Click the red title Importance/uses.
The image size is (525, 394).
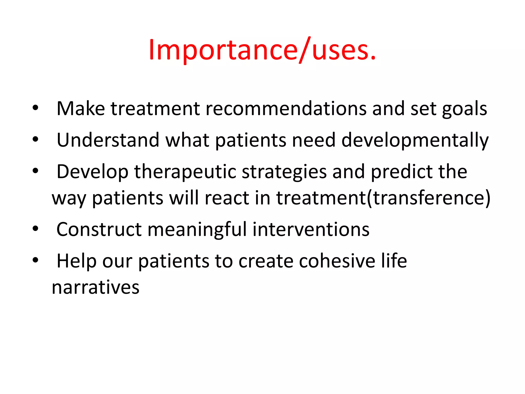point(262,50)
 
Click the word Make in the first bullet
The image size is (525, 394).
point(80,109)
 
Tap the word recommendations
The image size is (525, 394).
point(286,109)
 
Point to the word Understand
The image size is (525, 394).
point(108,140)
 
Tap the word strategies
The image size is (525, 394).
point(284,172)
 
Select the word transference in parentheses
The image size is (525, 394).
point(428,198)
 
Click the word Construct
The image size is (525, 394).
point(99,229)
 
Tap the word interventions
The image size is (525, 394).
point(311,229)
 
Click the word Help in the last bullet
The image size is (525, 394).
point(76,261)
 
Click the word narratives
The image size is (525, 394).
point(95,287)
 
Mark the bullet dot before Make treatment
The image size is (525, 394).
point(35,108)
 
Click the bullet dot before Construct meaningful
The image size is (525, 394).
point(35,229)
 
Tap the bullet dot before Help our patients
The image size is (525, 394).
point(35,260)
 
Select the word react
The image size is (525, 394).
point(227,198)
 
